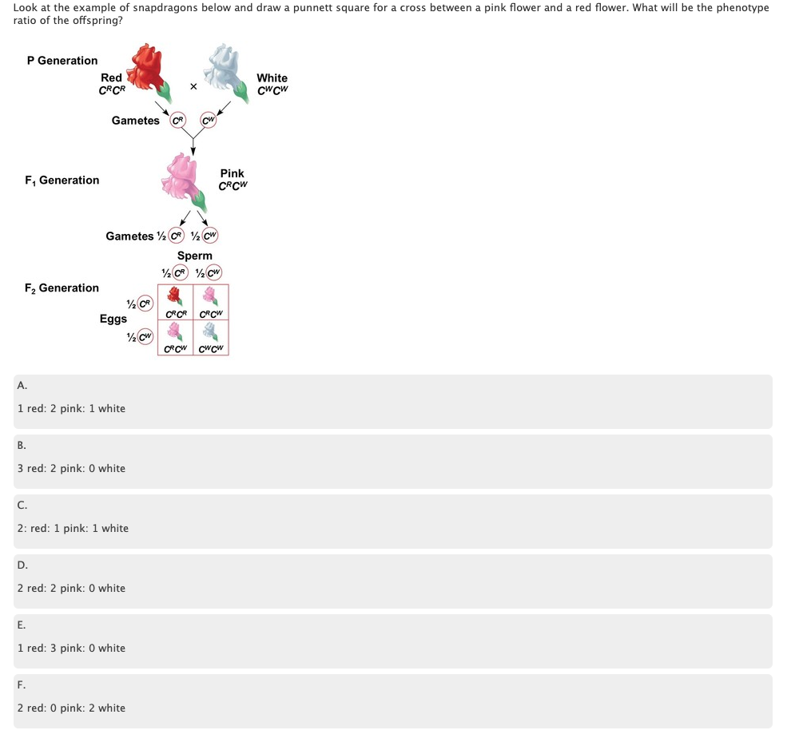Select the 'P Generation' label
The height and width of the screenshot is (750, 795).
(62, 61)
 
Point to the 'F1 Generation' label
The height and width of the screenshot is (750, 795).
(62, 181)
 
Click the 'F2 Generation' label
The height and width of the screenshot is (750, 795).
(62, 288)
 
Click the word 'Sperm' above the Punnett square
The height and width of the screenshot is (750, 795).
(195, 256)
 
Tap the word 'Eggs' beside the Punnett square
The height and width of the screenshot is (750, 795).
(113, 319)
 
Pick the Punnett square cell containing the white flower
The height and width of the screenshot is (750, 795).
(211, 337)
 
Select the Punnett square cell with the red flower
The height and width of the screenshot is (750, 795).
(176, 302)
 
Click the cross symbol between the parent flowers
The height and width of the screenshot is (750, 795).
(193, 88)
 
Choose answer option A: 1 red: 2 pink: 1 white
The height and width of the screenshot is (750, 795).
(72, 408)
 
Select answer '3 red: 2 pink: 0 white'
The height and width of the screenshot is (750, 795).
(72, 468)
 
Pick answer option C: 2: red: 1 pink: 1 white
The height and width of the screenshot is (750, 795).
(74, 528)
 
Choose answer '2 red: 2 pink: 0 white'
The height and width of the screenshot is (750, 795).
(72, 588)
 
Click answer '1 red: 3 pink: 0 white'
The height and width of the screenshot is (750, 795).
(72, 648)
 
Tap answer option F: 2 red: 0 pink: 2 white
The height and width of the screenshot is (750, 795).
(72, 708)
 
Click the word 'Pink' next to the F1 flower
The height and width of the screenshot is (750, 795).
(233, 173)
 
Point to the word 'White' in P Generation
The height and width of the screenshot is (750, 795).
(272, 77)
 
